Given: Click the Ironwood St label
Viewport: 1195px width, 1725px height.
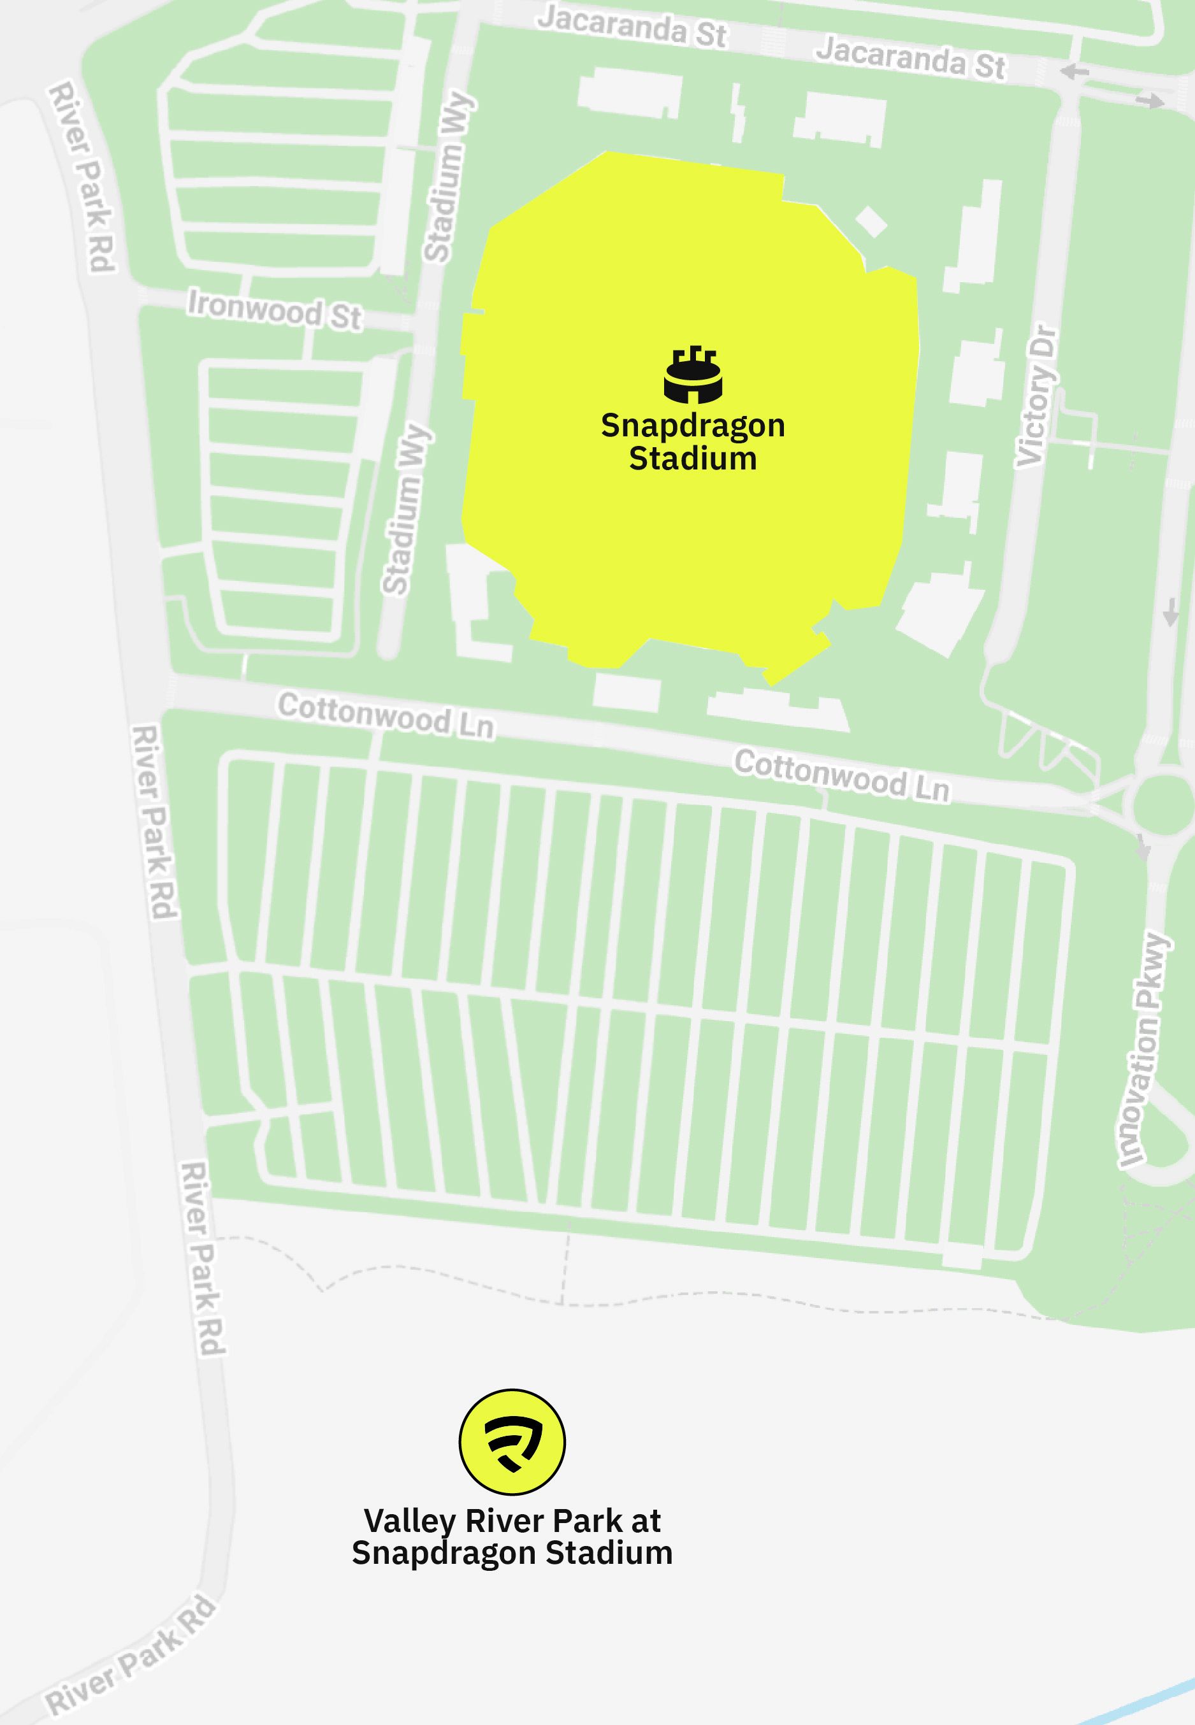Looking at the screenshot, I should [x=274, y=310].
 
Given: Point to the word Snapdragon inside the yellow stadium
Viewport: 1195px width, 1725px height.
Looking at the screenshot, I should [x=693, y=426].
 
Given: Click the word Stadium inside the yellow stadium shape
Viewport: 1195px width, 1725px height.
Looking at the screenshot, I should [x=693, y=459].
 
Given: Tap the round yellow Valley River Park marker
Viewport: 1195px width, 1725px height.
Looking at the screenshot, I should [x=512, y=1442].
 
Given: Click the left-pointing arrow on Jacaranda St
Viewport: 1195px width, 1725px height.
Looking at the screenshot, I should [x=1075, y=72].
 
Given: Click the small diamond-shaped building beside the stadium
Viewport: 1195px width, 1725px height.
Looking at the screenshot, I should [x=871, y=221].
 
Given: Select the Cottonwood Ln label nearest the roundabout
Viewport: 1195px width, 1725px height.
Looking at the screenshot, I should [x=841, y=775].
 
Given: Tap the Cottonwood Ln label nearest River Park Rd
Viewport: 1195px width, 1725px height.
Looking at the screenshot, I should [x=386, y=715].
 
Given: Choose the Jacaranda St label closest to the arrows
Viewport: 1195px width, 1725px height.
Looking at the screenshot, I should [x=911, y=57].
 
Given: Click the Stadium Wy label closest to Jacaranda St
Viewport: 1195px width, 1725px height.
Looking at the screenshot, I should [x=448, y=177].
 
